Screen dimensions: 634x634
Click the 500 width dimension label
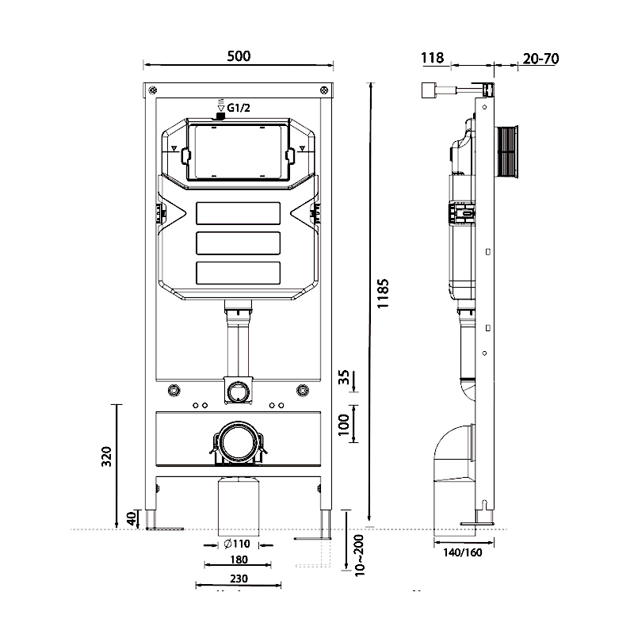tap(238, 55)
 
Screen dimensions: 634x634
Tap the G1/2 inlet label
tap(240, 108)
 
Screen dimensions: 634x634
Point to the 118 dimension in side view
tap(431, 57)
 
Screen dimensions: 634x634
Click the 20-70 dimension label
tap(541, 57)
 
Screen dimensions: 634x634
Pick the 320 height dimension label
tap(108, 456)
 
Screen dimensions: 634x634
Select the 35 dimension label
tap(344, 378)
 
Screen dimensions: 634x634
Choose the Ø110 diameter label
tap(237, 544)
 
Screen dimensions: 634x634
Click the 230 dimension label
tap(237, 579)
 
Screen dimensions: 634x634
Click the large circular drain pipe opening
tap(237, 440)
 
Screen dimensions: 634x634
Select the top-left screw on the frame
tap(153, 90)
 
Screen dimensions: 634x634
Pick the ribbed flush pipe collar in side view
tap(507, 152)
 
